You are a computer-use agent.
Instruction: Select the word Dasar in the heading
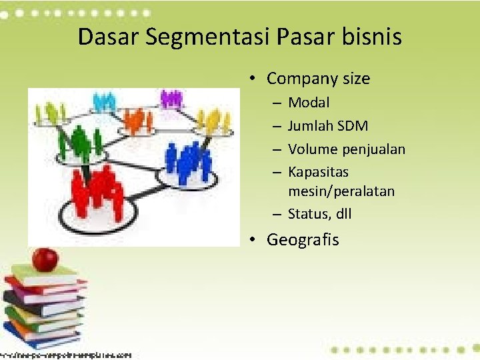point(107,37)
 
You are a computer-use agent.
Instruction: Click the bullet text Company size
point(318,79)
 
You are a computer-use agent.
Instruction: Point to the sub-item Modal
point(309,103)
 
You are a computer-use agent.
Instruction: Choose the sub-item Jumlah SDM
point(328,126)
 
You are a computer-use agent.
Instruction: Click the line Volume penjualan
point(347,149)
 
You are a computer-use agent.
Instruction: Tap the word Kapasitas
point(318,172)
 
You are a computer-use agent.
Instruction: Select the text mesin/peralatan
point(341,191)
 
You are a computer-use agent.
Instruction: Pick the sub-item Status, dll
point(319,214)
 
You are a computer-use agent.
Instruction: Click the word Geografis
point(303,240)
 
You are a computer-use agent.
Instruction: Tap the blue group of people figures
point(188,160)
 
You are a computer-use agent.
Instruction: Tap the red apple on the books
point(45,259)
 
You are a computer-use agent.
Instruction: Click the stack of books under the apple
point(43,307)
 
